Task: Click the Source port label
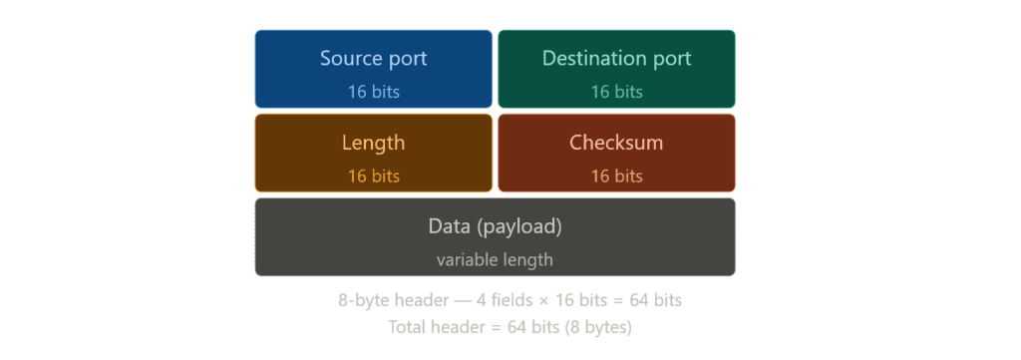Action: (x=373, y=58)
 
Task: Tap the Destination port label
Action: (x=616, y=58)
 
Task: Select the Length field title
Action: (x=373, y=143)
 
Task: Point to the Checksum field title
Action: (x=616, y=143)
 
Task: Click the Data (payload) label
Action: (x=495, y=226)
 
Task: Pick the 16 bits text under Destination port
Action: (x=616, y=92)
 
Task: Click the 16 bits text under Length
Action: (x=373, y=177)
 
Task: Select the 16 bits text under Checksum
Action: (x=616, y=177)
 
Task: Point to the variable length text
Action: (x=495, y=260)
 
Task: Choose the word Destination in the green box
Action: (x=595, y=58)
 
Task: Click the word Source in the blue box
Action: (x=351, y=58)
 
